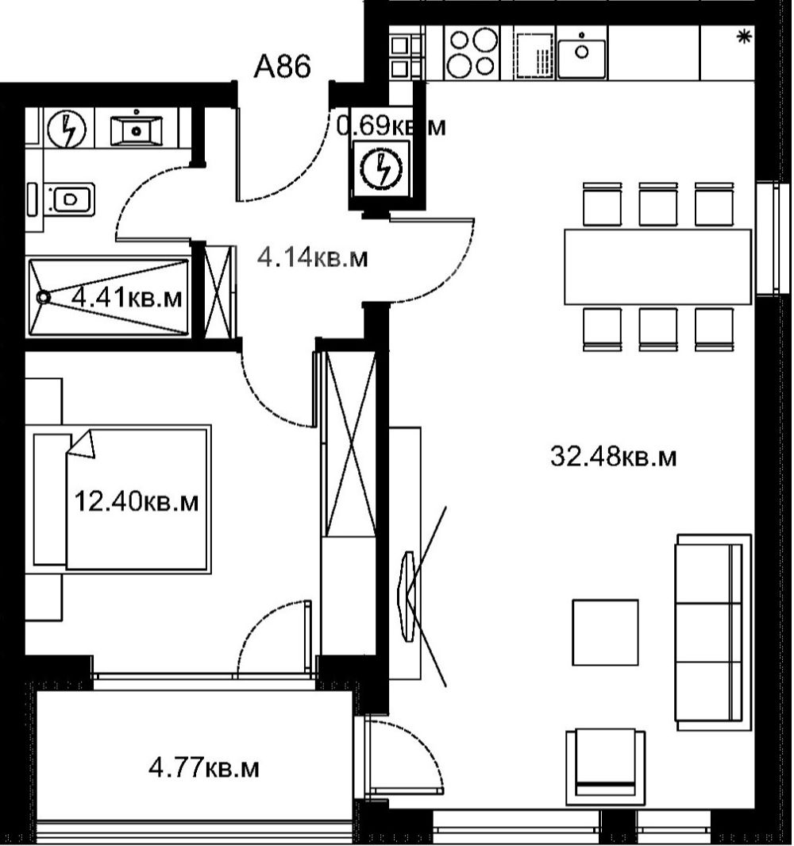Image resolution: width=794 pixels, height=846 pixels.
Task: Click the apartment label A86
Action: [x=282, y=67]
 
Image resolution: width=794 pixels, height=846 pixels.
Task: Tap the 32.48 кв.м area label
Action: [x=613, y=457]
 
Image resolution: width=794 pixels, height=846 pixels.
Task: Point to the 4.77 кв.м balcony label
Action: [x=204, y=768]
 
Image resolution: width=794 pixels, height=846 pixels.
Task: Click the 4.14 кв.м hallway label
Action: [x=313, y=257]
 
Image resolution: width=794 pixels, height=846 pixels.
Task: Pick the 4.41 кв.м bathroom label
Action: [x=127, y=297]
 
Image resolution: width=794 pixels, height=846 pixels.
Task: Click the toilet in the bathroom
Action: [x=69, y=199]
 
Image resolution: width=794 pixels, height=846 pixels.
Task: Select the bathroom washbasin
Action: [x=136, y=129]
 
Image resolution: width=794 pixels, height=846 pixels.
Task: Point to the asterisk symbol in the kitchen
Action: [x=745, y=37]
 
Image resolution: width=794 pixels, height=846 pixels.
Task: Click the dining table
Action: [x=657, y=267]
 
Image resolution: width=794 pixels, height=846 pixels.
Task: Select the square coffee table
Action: [x=605, y=632]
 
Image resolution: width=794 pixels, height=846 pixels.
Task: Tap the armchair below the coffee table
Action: [x=605, y=766]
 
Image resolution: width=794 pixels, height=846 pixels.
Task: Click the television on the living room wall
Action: [x=407, y=597]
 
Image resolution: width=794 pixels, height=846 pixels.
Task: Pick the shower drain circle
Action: [x=43, y=297]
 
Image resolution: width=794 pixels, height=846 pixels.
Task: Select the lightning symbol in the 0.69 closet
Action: [x=382, y=169]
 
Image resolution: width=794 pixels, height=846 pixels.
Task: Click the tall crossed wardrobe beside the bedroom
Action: [x=349, y=443]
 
